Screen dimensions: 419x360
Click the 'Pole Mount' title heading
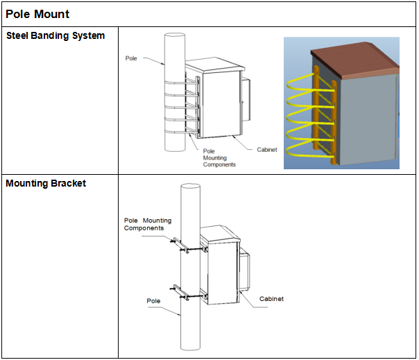coord(37,14)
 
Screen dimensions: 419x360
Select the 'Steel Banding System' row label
coord(55,35)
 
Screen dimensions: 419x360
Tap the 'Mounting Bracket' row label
coord(46,183)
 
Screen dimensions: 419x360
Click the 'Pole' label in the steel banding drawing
coord(131,58)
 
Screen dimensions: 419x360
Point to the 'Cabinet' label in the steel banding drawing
coord(267,150)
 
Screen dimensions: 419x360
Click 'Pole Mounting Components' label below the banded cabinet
coord(219,157)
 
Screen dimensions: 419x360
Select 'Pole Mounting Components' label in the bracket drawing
coord(148,224)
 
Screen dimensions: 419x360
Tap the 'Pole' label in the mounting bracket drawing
coord(153,301)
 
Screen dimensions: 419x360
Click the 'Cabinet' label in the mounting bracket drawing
coord(271,299)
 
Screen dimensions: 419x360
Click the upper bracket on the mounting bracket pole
coord(189,246)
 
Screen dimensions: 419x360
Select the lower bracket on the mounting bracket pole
coord(189,293)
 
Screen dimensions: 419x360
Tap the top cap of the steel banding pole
coord(175,35)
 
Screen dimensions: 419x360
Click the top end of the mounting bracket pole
coord(191,186)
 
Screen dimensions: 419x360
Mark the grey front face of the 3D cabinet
coord(369,120)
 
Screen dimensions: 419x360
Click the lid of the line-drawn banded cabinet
coord(215,65)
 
